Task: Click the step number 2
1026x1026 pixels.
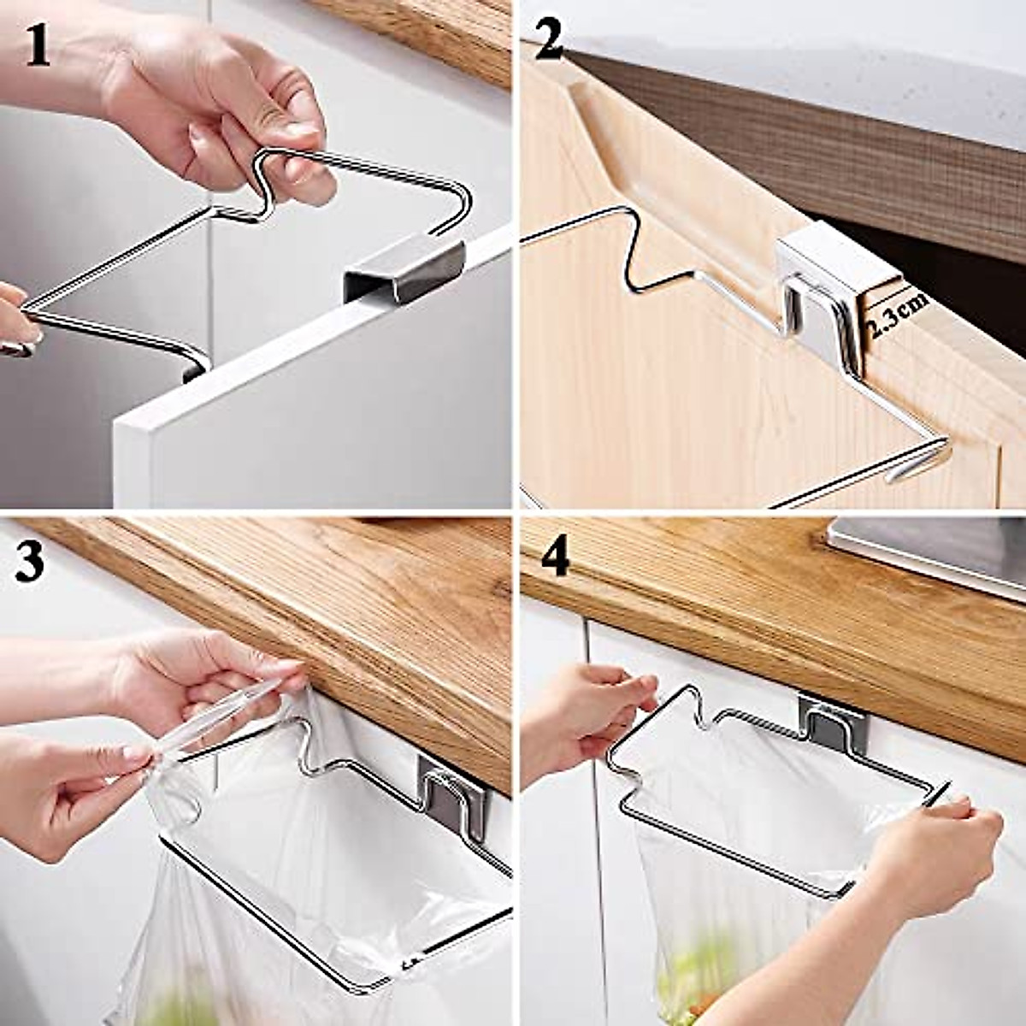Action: (x=549, y=39)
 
